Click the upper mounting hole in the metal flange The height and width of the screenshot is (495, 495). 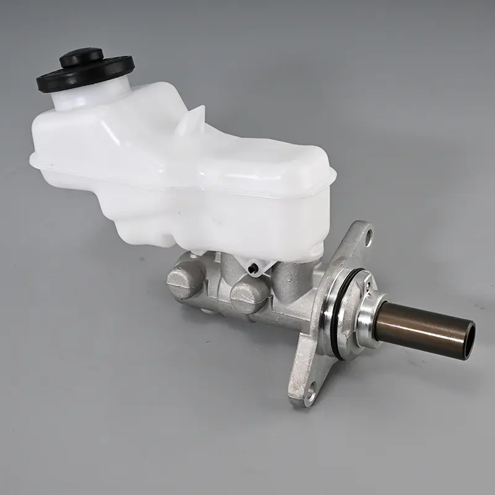coord(368,235)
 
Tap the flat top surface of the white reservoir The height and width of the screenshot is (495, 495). coord(186,148)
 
